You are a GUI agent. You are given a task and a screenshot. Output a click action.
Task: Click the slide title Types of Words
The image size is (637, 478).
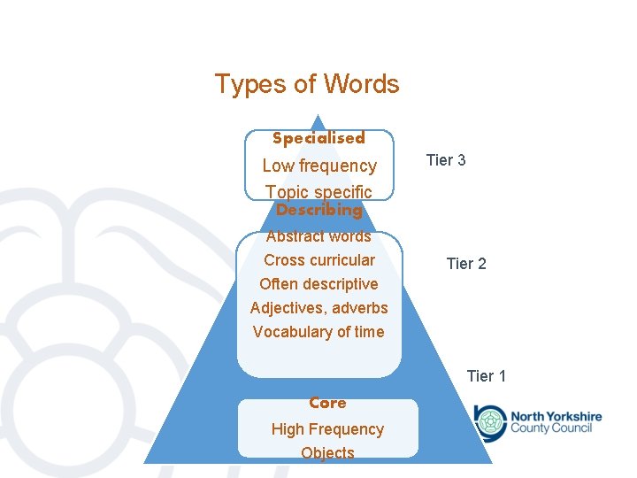tap(307, 84)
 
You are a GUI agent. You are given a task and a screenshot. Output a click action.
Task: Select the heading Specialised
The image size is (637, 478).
tap(318, 138)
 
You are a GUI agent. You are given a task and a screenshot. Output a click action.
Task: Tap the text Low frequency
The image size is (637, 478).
tap(319, 166)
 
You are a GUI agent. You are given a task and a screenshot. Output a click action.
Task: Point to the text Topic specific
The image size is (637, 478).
tap(318, 191)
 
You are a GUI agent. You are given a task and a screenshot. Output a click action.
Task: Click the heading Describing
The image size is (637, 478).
tap(318, 211)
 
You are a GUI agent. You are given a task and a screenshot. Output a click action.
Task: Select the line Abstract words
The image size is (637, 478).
tap(318, 236)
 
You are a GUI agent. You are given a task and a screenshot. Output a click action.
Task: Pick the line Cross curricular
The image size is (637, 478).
tap(318, 260)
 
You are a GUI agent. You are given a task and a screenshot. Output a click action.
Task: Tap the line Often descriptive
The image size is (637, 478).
tap(318, 284)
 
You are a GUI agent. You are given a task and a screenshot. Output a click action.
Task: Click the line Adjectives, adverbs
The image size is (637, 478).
tap(318, 308)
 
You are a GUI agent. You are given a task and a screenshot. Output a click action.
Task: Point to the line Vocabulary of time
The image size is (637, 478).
tap(318, 332)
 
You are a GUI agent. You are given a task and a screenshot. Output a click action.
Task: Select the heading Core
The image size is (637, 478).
tap(327, 403)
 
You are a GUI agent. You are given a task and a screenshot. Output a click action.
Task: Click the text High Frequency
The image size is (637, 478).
tap(327, 429)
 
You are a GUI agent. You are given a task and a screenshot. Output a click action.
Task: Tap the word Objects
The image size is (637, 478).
tap(327, 453)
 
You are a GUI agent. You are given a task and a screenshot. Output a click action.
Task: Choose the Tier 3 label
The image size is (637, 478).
tap(446, 160)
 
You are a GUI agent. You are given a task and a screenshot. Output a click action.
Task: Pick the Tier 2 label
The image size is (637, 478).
tap(466, 264)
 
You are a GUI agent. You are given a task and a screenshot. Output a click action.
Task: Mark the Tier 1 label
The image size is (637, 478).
tap(487, 376)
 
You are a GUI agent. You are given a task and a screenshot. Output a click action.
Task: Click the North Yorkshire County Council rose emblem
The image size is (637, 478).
tap(489, 421)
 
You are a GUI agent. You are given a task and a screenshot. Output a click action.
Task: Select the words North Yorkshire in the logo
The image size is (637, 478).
tap(556, 416)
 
